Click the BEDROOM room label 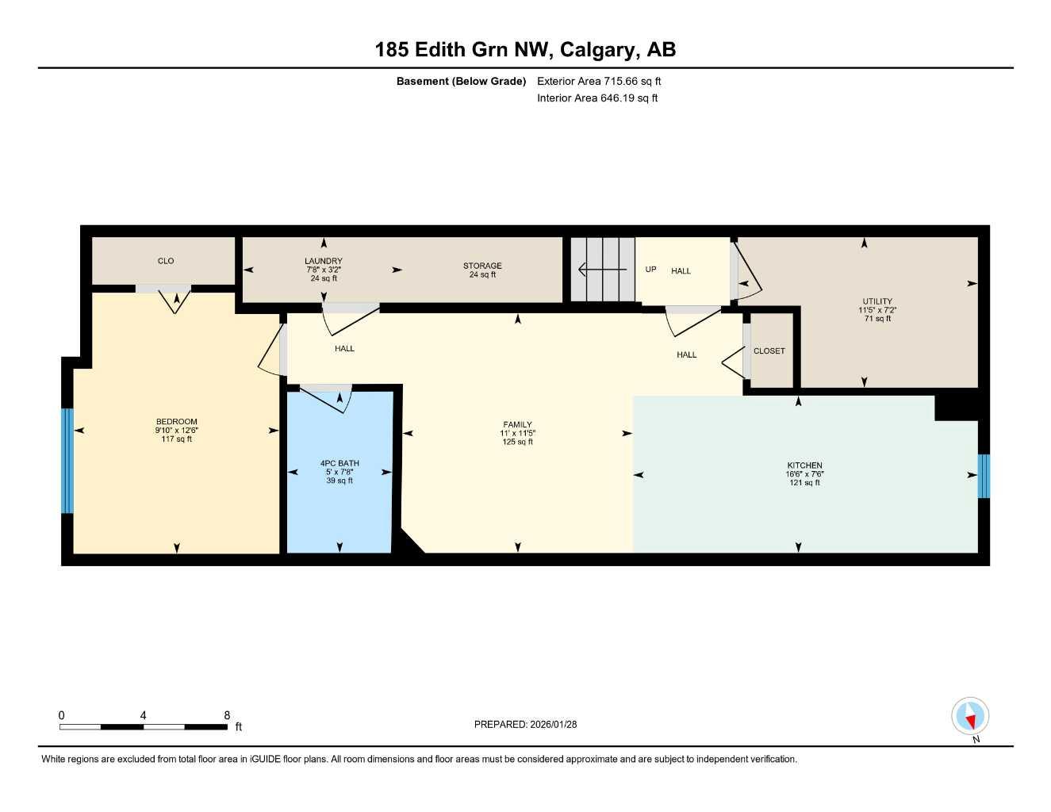176,422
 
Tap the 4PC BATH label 339,463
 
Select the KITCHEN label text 804,465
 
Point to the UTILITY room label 877,301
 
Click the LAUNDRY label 323,261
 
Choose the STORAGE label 482,266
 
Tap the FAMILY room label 517,424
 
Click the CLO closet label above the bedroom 166,261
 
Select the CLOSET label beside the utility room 769,350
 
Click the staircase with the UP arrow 604,270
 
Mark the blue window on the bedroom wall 67,461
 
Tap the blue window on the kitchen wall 984,476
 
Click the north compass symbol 970,718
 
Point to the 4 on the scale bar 143,715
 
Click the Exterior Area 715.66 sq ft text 599,81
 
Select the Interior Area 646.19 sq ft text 597,98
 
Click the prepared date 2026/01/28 554,724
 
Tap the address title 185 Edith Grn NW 463,50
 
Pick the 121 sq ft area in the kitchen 804,483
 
